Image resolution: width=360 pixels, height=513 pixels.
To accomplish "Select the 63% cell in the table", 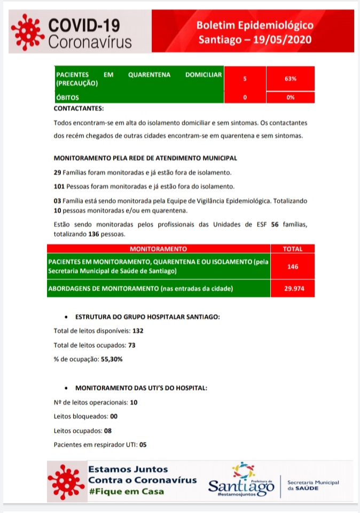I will pyautogui.click(x=291, y=79).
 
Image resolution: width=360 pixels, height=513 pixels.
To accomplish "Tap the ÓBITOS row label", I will pyautogui.click(x=68, y=98).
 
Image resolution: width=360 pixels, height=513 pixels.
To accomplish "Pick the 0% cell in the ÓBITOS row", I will pyautogui.click(x=291, y=98).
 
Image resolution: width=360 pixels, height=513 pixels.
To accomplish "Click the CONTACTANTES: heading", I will pyautogui.click(x=79, y=108).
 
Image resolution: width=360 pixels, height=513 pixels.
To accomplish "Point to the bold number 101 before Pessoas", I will pyautogui.click(x=59, y=186).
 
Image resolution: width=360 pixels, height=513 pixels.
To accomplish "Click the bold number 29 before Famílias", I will pyautogui.click(x=57, y=173).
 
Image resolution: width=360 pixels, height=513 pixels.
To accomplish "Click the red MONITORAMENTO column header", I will pyautogui.click(x=158, y=248).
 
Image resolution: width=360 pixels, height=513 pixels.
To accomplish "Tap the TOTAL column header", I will pyautogui.click(x=293, y=248).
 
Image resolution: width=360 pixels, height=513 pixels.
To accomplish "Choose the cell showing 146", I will pyautogui.click(x=293, y=266).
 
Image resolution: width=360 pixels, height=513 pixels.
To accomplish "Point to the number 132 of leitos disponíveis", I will pyautogui.click(x=138, y=331).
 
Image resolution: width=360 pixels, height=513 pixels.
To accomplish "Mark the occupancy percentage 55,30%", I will pyautogui.click(x=112, y=359).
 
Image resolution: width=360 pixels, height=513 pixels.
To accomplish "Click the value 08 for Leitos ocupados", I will pyautogui.click(x=107, y=430).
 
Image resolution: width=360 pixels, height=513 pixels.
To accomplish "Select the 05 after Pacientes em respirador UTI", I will pyautogui.click(x=143, y=444).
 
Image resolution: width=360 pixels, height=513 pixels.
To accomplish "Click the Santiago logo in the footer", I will pyautogui.click(x=241, y=481).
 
